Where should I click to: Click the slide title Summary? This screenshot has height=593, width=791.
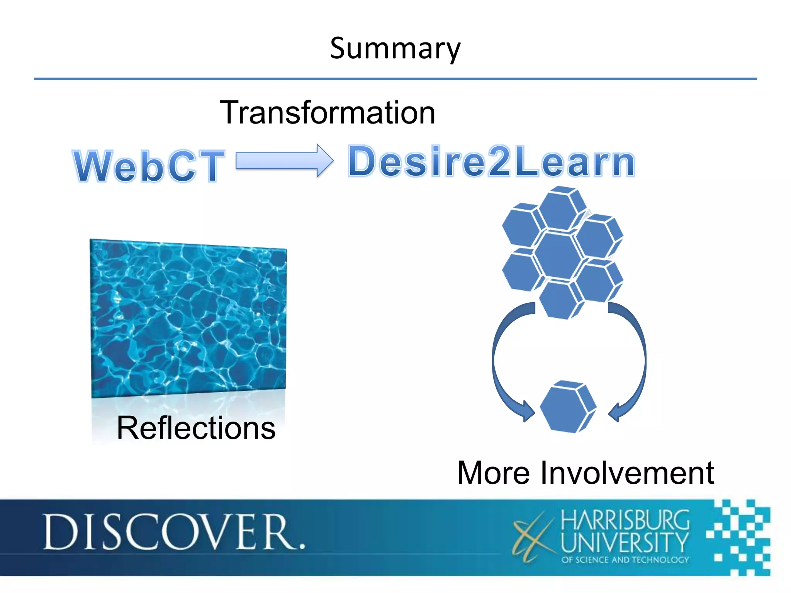click(x=395, y=49)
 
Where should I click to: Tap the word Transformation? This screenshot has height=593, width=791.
click(x=328, y=112)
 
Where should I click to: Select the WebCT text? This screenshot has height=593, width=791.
click(x=149, y=166)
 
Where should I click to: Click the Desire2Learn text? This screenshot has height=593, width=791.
click(x=491, y=162)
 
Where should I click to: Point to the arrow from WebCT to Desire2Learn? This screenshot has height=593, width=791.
click(x=284, y=161)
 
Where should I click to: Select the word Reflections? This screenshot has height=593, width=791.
click(x=196, y=428)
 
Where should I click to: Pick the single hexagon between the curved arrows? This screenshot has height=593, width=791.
click(x=567, y=407)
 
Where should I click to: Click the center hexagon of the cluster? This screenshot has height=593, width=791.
click(x=558, y=254)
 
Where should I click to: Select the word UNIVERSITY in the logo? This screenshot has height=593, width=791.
click(x=625, y=542)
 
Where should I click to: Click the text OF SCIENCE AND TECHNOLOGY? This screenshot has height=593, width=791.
click(x=625, y=560)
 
